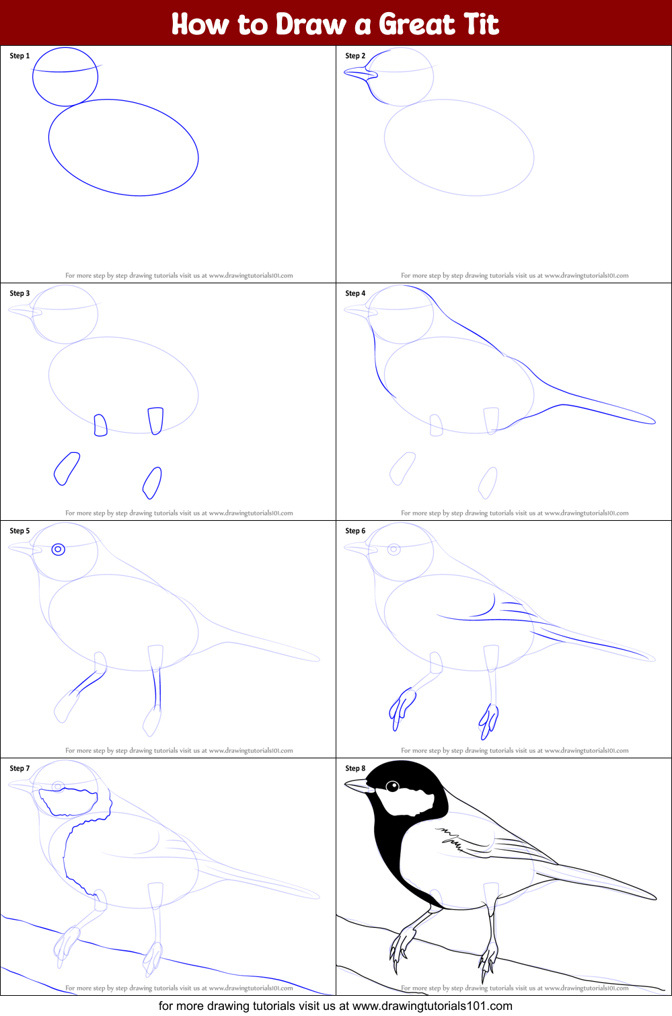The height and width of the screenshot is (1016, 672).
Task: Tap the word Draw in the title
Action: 310,25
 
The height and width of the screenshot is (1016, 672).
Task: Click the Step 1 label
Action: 20,56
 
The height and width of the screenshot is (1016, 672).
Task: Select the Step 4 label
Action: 355,293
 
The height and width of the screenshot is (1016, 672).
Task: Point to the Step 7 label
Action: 20,768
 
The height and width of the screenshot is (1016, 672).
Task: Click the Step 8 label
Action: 355,768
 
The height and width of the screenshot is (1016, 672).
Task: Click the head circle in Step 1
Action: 65,77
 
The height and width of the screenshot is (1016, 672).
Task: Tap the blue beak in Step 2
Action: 360,73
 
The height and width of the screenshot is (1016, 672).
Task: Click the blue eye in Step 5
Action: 59,550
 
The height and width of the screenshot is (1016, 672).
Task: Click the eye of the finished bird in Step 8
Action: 393,787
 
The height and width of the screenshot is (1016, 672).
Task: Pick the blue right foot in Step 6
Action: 489,720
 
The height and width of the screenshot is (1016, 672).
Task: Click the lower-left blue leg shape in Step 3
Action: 67,468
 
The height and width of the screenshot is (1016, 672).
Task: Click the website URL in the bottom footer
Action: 432,1006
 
